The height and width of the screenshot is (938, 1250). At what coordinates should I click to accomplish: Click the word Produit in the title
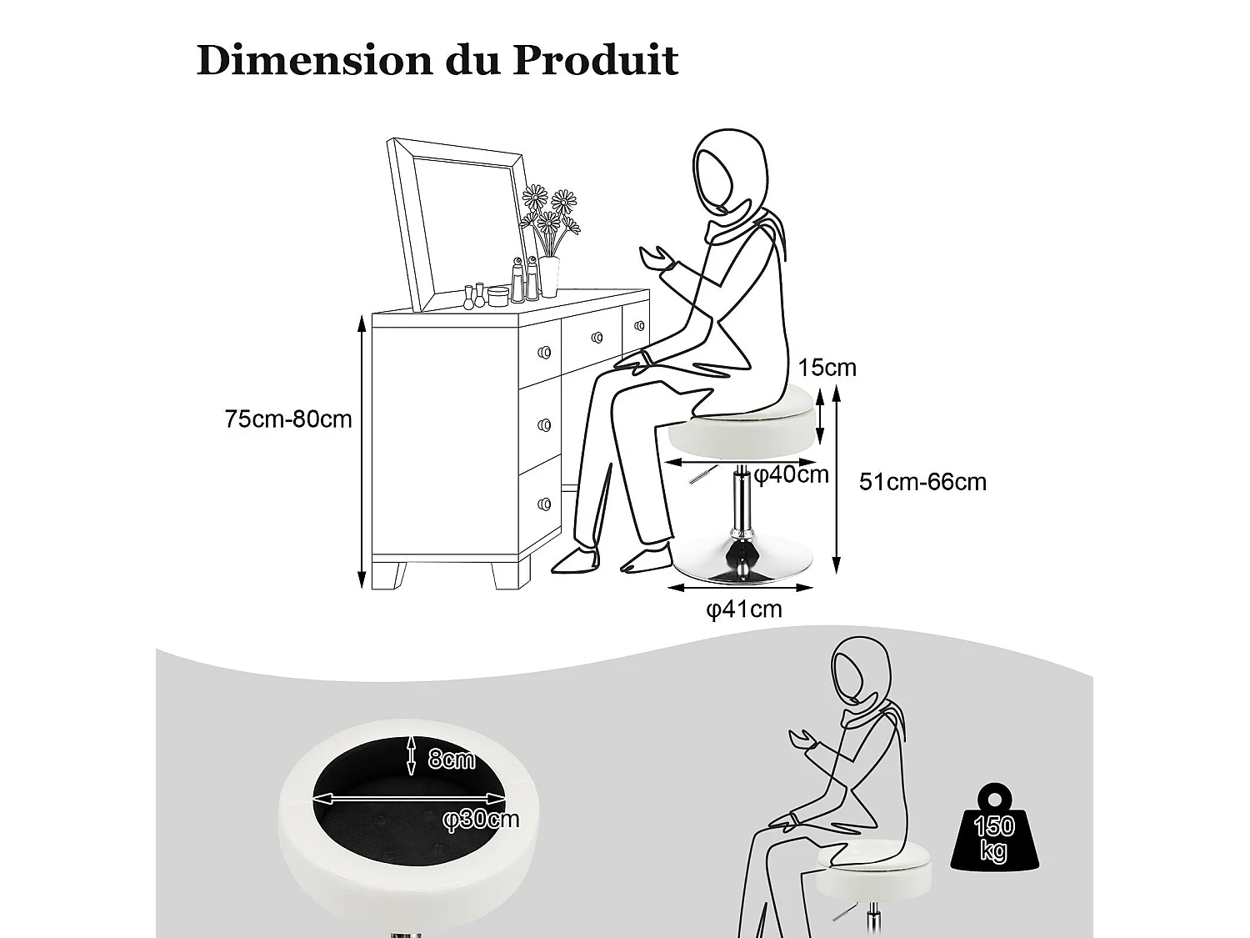pos(594,60)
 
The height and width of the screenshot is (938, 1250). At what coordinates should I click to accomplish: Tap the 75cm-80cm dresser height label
pos(288,419)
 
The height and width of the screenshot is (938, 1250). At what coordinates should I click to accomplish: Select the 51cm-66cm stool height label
pos(922,482)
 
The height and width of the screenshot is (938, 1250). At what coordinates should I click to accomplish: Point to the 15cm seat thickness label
pos(827,368)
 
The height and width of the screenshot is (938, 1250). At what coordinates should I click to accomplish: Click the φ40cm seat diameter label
pos(792,475)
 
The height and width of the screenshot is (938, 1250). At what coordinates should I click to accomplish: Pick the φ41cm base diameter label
pos(744,609)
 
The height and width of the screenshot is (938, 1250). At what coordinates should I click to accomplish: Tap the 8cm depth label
pos(451,759)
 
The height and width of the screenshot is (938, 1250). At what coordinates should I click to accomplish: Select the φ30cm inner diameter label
pos(481,820)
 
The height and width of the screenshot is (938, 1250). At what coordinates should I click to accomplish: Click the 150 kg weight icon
pos(994,835)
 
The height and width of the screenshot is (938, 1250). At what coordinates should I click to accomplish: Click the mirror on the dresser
pos(457,225)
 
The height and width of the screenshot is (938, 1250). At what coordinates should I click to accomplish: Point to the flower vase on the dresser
pos(548,275)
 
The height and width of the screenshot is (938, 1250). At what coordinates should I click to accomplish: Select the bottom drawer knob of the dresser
pos(545,504)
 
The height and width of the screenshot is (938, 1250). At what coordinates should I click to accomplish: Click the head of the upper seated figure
pos(721,171)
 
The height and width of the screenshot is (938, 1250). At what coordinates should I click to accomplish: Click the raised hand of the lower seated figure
pos(802,740)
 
